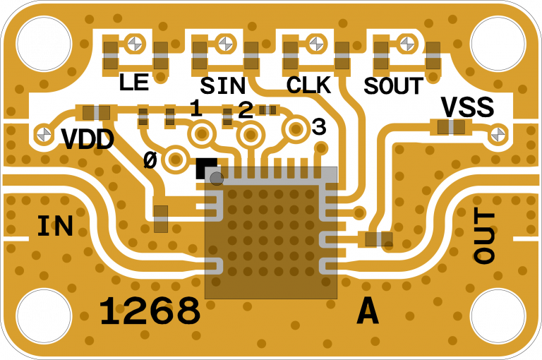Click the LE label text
coord(134,83)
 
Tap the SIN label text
coord(222,86)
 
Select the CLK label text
coord(308,85)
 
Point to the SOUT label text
coord(393,86)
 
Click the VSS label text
coord(467,108)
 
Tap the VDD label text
coord(88,140)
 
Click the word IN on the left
coord(55,227)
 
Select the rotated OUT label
coord(484,237)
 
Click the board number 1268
coord(150,311)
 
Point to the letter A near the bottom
coord(368,311)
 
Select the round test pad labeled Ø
coord(175,160)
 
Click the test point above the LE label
coord(136,44)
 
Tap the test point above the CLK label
coord(315,43)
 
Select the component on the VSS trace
coord(451,127)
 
